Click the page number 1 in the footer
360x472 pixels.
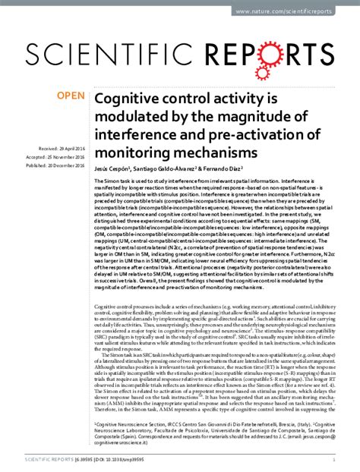point(336,459)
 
